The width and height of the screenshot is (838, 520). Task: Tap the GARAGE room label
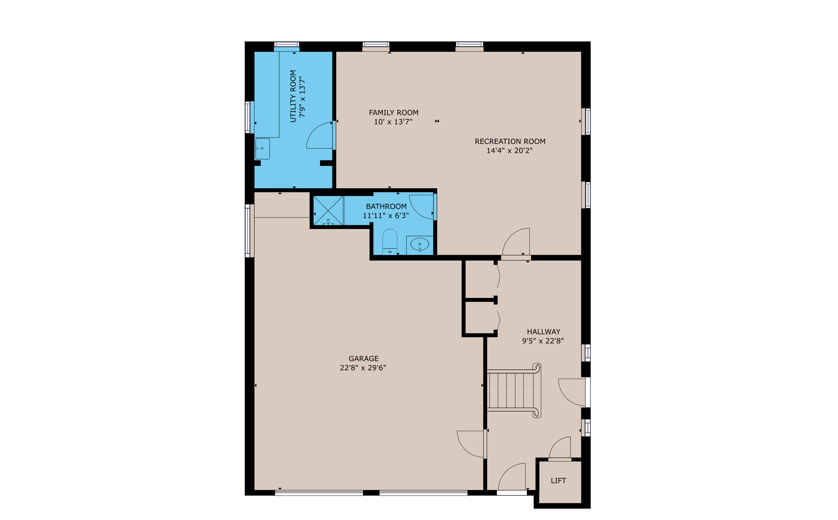click(363, 359)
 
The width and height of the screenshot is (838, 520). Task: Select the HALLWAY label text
click(543, 332)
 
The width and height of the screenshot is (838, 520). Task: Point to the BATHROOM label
click(386, 206)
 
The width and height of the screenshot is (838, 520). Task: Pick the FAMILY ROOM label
click(394, 112)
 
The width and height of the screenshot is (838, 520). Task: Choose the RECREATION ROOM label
click(510, 141)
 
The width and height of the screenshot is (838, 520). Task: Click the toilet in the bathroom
click(390, 242)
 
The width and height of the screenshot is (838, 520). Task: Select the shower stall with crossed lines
click(328, 210)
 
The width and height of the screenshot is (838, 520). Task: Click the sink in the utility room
click(262, 149)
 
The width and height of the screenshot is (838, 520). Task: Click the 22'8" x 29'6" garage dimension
click(363, 368)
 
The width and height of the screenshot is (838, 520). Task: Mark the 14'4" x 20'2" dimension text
click(509, 150)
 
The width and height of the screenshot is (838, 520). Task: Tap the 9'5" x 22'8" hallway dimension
click(543, 341)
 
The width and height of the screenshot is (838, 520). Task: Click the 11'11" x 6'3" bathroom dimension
click(386, 215)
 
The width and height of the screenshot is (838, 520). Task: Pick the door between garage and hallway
click(485, 444)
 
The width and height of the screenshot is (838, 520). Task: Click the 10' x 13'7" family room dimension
click(393, 122)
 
